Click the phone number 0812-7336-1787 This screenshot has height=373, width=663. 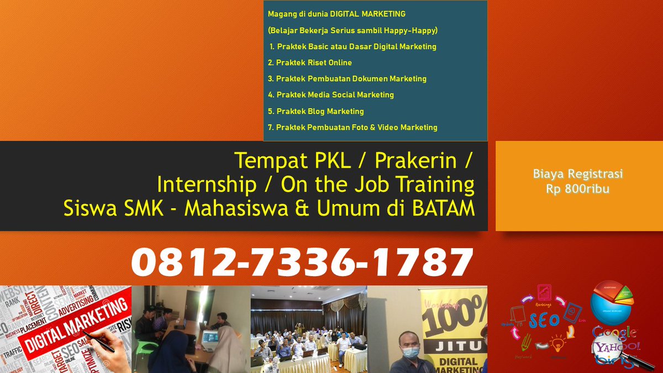[302, 262]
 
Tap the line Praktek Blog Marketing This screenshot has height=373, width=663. [316, 111]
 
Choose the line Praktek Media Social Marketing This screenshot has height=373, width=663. [331, 94]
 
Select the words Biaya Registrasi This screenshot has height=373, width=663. [578, 174]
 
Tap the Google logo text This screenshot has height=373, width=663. [614, 333]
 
